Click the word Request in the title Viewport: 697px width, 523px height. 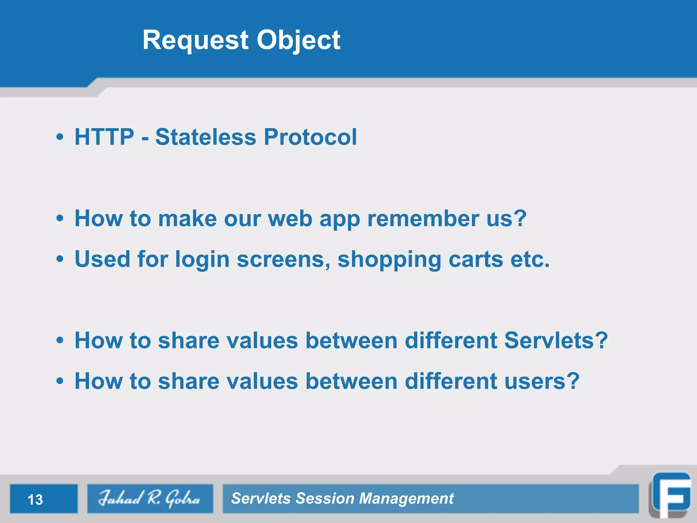click(195, 40)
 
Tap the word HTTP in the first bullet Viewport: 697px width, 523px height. click(104, 137)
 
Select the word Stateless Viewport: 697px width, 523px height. click(206, 137)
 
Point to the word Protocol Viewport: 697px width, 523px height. click(310, 137)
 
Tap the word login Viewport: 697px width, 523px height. click(202, 259)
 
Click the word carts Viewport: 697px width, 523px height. click(476, 259)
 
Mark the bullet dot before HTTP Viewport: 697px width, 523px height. click(60, 137)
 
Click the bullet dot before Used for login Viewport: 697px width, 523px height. click(60, 259)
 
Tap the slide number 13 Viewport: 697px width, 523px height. click(35, 500)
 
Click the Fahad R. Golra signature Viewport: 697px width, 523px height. click(150, 498)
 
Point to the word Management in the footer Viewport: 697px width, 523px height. click(406, 498)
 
